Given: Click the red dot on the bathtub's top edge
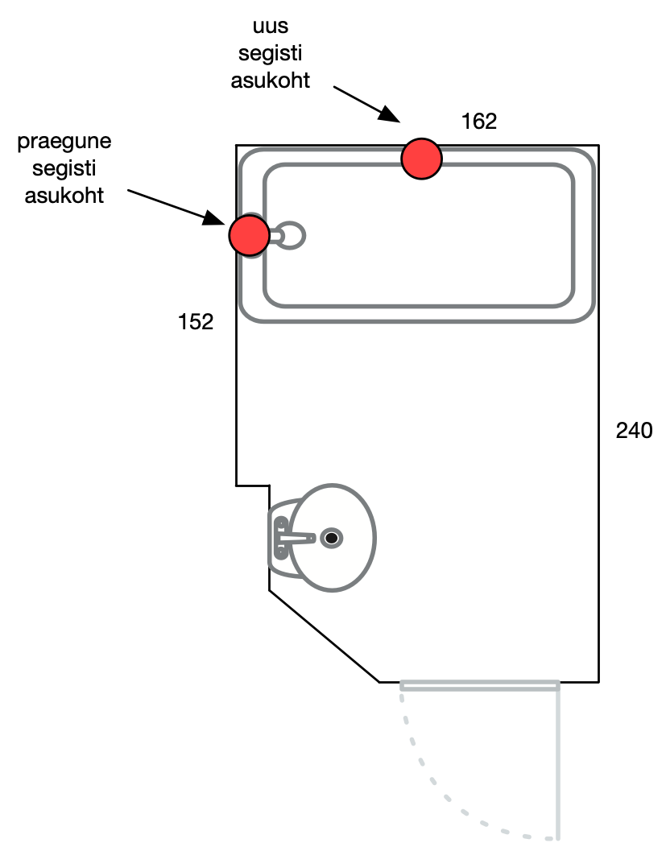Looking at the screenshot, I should pos(422,159).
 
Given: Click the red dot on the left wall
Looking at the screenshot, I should pos(249,235).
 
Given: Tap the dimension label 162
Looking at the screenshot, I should pos(479,122).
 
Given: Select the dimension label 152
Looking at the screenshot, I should pos(196,322).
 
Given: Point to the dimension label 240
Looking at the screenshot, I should pos(634,431).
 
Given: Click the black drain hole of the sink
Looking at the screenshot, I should pos(331,538).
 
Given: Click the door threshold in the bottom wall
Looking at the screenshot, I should pos(479,685).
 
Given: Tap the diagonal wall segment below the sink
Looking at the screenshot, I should pos(323,637).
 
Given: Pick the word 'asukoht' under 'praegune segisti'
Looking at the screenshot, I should pos(64,195).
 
